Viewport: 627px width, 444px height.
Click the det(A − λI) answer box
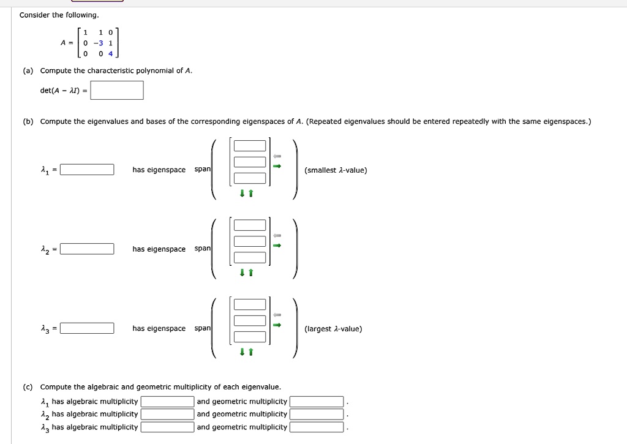(x=117, y=91)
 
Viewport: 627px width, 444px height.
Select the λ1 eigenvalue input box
(x=87, y=170)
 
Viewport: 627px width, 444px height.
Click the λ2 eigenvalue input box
(x=87, y=249)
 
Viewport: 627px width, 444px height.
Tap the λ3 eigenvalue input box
(x=87, y=328)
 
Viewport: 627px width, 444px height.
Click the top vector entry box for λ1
(x=249, y=146)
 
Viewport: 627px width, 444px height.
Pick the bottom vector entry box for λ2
(x=249, y=257)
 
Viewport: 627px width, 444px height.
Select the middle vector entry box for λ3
(x=249, y=320)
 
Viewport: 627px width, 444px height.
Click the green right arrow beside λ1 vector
(x=277, y=166)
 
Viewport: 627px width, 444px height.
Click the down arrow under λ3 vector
(x=242, y=352)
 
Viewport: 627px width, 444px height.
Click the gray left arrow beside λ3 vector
(x=277, y=315)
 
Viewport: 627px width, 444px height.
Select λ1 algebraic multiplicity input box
(x=167, y=402)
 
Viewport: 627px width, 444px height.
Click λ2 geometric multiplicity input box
(x=317, y=415)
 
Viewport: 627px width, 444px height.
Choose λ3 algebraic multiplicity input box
(x=167, y=427)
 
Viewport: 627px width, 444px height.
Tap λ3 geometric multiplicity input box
(x=317, y=427)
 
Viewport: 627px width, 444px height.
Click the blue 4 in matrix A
(x=110, y=53)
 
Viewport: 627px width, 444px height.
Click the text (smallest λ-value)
(x=336, y=170)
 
